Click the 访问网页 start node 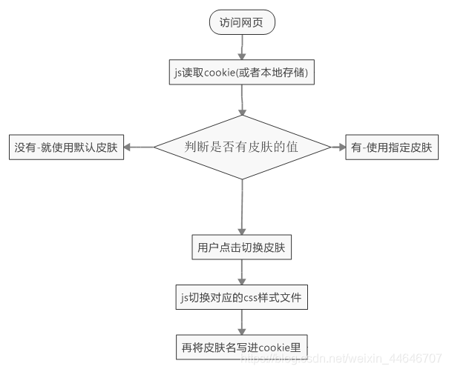pyautogui.click(x=242, y=23)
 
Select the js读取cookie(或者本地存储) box pyautogui.click(x=242, y=72)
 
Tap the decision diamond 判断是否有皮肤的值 pyautogui.click(x=242, y=147)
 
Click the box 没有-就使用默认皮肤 pyautogui.click(x=65, y=147)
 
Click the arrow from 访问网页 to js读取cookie pyautogui.click(x=242, y=47)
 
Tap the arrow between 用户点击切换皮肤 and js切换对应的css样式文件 pyautogui.click(x=242, y=273)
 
